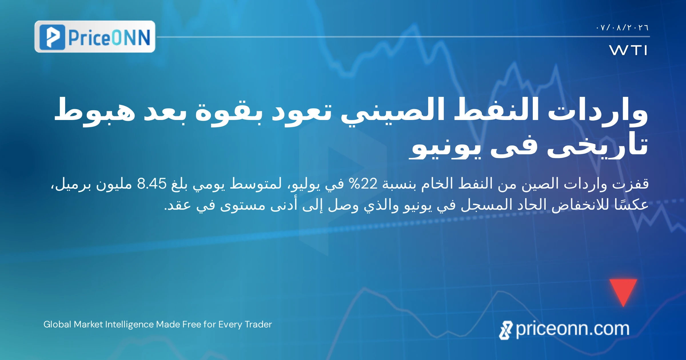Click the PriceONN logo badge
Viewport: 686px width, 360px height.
(95, 37)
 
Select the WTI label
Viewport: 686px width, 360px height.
(628, 50)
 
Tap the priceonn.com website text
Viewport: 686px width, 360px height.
(573, 329)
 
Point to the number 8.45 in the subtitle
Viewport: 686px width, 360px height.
(152, 184)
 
